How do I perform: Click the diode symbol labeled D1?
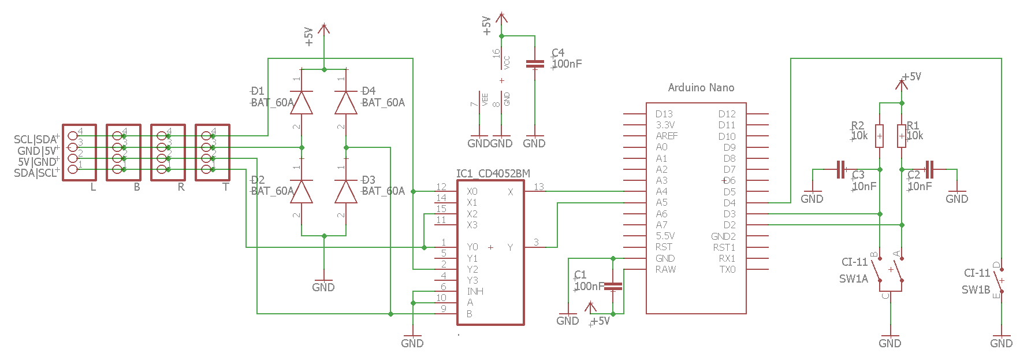pyautogui.click(x=302, y=103)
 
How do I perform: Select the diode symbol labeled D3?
pyautogui.click(x=346, y=191)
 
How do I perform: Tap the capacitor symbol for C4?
pyautogui.click(x=535, y=64)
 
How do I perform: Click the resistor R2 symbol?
pyautogui.click(x=879, y=136)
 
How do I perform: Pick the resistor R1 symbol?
pyautogui.click(x=901, y=136)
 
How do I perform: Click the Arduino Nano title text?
pyautogui.click(x=701, y=88)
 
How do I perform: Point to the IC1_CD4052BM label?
pyautogui.click(x=493, y=173)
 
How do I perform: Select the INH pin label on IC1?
pyautogui.click(x=475, y=291)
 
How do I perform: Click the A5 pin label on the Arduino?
pyautogui.click(x=661, y=203)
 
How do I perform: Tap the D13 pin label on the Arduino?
pyautogui.click(x=664, y=114)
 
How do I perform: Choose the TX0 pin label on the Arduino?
pyautogui.click(x=727, y=269)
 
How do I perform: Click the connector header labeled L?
pyautogui.click(x=79, y=153)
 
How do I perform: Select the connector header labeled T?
pyautogui.click(x=213, y=153)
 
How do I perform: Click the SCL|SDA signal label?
pyautogui.click(x=35, y=139)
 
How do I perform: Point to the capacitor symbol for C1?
pyautogui.click(x=613, y=286)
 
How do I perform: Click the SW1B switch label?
pyautogui.click(x=976, y=290)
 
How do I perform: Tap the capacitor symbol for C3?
pyautogui.click(x=841, y=169)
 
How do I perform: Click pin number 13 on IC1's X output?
pyautogui.click(x=538, y=187)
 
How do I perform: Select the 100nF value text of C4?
pyautogui.click(x=567, y=64)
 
